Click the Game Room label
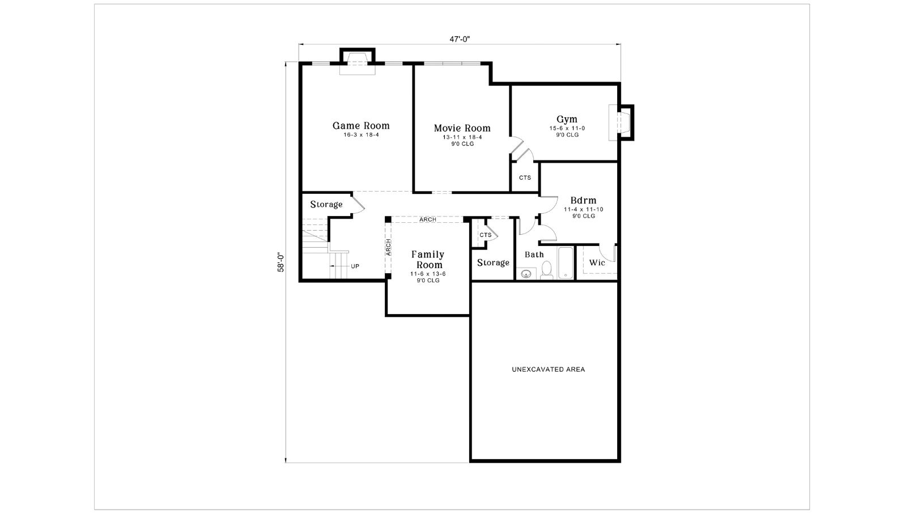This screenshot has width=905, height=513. click(x=361, y=126)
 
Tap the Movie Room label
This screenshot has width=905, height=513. click(x=462, y=128)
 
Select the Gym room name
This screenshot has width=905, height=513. click(x=567, y=119)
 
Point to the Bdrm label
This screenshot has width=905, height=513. click(x=583, y=200)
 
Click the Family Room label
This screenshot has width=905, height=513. click(x=428, y=260)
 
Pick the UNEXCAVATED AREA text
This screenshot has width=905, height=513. click(x=548, y=369)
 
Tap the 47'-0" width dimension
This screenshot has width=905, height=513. click(x=460, y=39)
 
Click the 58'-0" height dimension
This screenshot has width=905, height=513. click(x=281, y=262)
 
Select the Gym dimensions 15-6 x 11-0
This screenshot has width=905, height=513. click(x=567, y=128)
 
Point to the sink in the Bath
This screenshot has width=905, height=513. click(x=526, y=274)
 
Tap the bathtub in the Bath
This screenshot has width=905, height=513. click(x=566, y=263)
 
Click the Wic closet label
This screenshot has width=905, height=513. click(x=597, y=263)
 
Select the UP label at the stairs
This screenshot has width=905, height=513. click(x=355, y=266)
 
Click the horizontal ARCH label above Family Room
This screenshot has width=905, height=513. click(x=427, y=219)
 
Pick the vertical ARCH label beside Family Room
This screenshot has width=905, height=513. click(x=388, y=247)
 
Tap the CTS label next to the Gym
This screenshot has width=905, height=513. click(x=525, y=177)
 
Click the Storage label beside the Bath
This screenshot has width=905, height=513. click(x=493, y=263)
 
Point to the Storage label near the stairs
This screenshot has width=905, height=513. click(x=326, y=205)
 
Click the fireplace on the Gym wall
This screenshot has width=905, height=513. click(x=621, y=122)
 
